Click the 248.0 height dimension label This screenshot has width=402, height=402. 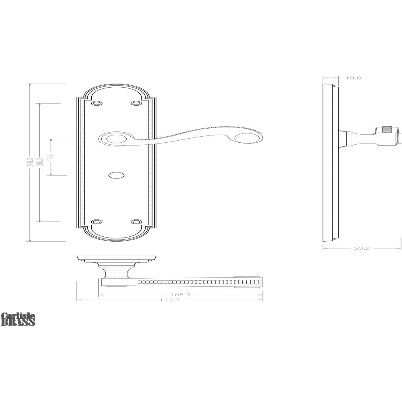click(x=29, y=163)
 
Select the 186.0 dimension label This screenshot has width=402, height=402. click(x=39, y=162)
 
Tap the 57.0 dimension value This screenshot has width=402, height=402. click(x=51, y=157)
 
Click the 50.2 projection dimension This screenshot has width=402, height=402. click(x=362, y=248)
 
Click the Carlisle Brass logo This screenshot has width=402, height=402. click(x=18, y=319)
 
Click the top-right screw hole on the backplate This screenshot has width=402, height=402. click(x=137, y=104)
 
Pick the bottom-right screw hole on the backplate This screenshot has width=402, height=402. click(x=137, y=222)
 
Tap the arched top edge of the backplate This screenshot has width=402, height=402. click(x=117, y=86)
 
